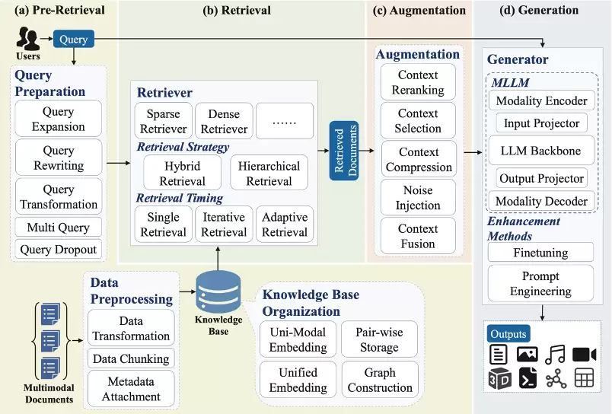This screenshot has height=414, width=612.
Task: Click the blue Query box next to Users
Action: [74, 40]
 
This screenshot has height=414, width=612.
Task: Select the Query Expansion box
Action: [59, 119]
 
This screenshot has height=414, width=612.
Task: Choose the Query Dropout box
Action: [59, 249]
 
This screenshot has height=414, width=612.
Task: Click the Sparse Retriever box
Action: [163, 121]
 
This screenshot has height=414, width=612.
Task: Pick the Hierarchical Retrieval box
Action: [269, 174]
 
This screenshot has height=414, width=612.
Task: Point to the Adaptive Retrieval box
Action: [285, 225]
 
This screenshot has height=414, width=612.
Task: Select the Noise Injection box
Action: [418, 197]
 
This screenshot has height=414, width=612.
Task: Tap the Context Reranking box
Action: [418, 82]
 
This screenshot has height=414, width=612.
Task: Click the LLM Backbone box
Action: [541, 151]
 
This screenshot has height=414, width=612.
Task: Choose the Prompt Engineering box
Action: [541, 283]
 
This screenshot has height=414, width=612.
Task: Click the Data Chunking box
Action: [131, 358]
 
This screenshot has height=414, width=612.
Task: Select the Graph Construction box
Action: [379, 380]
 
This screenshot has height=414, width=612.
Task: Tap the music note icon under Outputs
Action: [556, 354]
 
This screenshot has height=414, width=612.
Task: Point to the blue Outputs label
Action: [508, 333]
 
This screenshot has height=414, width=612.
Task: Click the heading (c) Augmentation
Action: [418, 11]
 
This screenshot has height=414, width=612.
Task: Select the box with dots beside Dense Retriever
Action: [285, 121]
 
